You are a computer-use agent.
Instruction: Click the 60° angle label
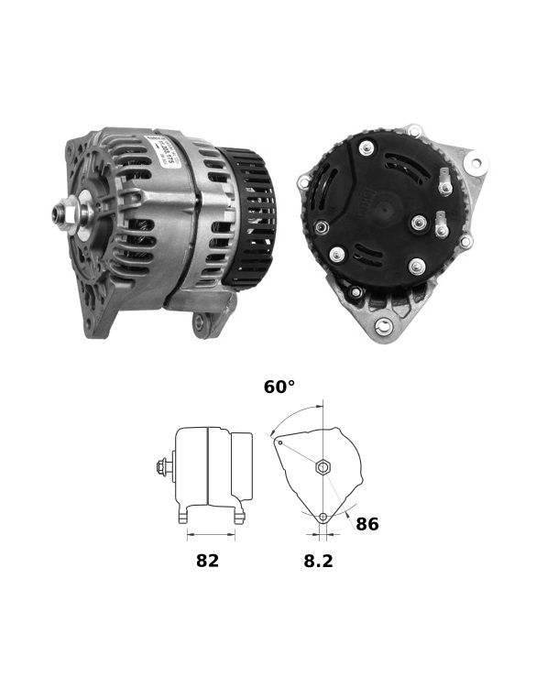279,388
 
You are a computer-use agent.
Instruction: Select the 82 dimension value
207,561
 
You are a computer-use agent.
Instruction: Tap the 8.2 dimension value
318,561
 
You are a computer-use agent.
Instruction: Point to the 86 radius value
367,524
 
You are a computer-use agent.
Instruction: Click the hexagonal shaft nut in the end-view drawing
323,467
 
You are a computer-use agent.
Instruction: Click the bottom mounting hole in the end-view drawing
323,518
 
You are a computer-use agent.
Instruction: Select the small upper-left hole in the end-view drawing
280,442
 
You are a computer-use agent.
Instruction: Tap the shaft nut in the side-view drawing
162,467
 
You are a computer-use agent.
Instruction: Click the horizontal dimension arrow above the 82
210,533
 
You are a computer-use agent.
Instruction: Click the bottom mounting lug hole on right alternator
384,326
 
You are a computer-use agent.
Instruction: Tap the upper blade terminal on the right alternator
445,180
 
